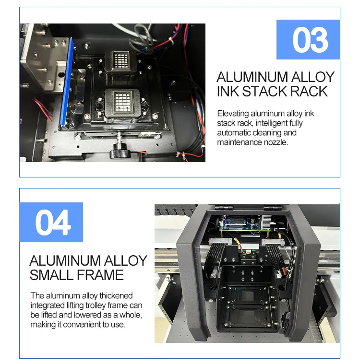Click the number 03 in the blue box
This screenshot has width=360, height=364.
tap(310, 40)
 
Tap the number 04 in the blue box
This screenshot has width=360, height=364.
tap(51, 223)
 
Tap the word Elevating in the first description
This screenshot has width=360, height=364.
tap(233, 114)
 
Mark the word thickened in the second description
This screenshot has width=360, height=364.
tap(113, 296)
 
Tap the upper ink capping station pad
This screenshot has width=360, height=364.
tap(120, 60)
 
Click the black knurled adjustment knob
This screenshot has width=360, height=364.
tap(118, 152)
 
